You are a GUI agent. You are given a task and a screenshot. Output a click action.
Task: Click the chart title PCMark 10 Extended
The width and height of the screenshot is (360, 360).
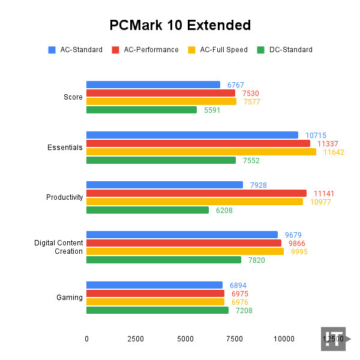[x=180, y=25]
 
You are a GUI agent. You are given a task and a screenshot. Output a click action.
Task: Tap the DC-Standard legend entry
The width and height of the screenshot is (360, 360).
[x=284, y=50]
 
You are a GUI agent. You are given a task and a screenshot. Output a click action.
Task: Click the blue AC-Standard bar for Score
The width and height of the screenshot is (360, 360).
[x=153, y=85]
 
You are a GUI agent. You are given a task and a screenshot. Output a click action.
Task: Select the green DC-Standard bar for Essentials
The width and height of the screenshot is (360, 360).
[x=161, y=160]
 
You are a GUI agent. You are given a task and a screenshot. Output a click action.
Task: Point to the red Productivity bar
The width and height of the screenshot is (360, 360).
[x=196, y=193]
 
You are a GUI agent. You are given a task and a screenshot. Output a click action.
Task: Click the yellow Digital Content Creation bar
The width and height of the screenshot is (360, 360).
[x=185, y=251]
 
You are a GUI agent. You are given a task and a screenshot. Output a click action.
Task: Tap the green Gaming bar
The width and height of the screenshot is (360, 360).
[x=157, y=310]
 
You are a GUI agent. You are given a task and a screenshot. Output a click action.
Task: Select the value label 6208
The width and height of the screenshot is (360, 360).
[x=224, y=211]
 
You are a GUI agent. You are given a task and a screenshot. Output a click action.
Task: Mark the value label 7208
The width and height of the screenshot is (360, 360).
[x=244, y=311]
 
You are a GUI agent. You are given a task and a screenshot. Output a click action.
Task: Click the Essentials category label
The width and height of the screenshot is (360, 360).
[x=65, y=148]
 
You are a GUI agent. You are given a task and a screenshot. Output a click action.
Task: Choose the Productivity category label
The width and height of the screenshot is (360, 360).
[x=64, y=197]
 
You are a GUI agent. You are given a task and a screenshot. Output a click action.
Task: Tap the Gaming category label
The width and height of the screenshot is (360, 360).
[x=70, y=298]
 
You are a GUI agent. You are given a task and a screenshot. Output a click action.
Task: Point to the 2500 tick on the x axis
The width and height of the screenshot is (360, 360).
[x=136, y=339]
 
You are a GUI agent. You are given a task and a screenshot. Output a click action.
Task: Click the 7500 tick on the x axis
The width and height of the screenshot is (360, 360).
[x=235, y=339]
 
